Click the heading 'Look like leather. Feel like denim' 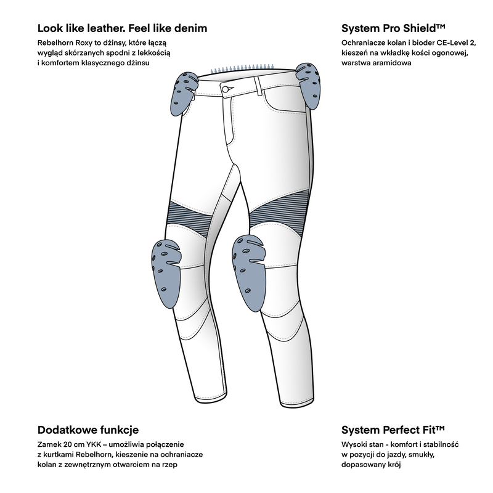(x=122, y=28)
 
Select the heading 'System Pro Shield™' (x=393, y=28)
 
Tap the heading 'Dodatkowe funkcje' (x=88, y=430)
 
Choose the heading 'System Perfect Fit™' (x=393, y=430)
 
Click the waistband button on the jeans (x=225, y=89)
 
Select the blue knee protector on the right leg (x=248, y=272)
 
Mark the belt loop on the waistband (x=258, y=86)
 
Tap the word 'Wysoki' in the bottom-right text (x=352, y=445)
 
